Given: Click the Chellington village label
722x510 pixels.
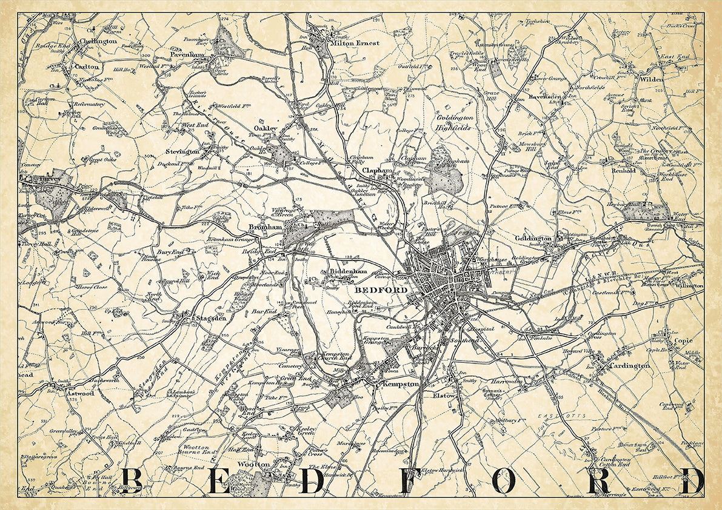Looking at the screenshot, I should [x=99, y=41].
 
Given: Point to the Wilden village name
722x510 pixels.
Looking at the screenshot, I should [x=650, y=79].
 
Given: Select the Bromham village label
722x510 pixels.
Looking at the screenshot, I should [x=263, y=228].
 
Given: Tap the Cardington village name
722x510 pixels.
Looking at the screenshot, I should [x=629, y=366].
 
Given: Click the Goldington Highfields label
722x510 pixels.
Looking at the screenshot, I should [x=454, y=123].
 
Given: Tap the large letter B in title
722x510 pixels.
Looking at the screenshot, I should [x=135, y=482].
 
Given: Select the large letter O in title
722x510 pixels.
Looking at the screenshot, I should [x=506, y=482].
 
